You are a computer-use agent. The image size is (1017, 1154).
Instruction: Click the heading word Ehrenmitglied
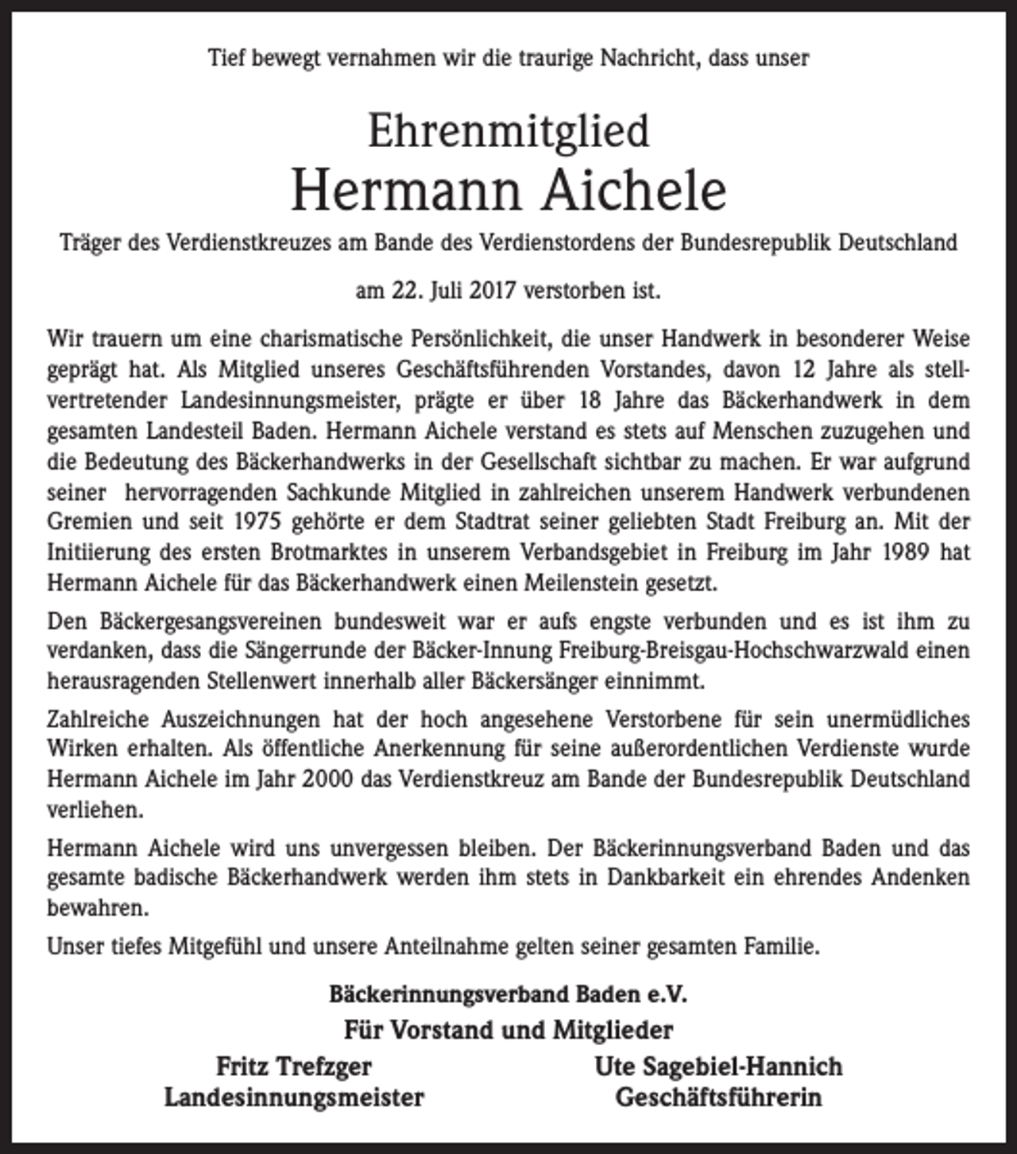[x=508, y=131]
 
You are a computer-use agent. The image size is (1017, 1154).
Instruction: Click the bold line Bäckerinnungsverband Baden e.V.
[x=508, y=994]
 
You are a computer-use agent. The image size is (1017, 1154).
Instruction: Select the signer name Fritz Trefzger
[x=294, y=1067]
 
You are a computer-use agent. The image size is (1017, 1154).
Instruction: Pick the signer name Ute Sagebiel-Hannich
[x=718, y=1067]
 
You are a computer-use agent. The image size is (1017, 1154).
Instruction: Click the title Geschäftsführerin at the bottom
[x=718, y=1098]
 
